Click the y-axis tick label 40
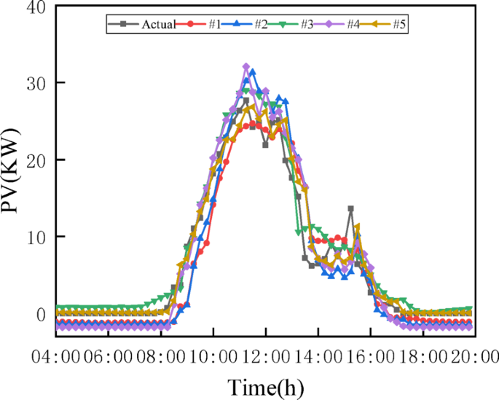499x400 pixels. [x=35, y=7]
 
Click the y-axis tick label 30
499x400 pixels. [x=35, y=83]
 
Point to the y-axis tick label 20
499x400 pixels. [x=35, y=160]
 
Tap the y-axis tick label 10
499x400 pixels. [x=35, y=238]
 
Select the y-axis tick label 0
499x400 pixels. [x=41, y=314]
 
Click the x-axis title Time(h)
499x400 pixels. [x=266, y=385]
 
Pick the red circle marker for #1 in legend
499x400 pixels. [x=191, y=25]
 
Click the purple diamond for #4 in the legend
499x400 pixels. [x=329, y=25]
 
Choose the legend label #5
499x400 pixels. [x=398, y=25]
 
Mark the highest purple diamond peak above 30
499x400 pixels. [x=246, y=67]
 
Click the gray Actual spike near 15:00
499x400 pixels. [x=350, y=209]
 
